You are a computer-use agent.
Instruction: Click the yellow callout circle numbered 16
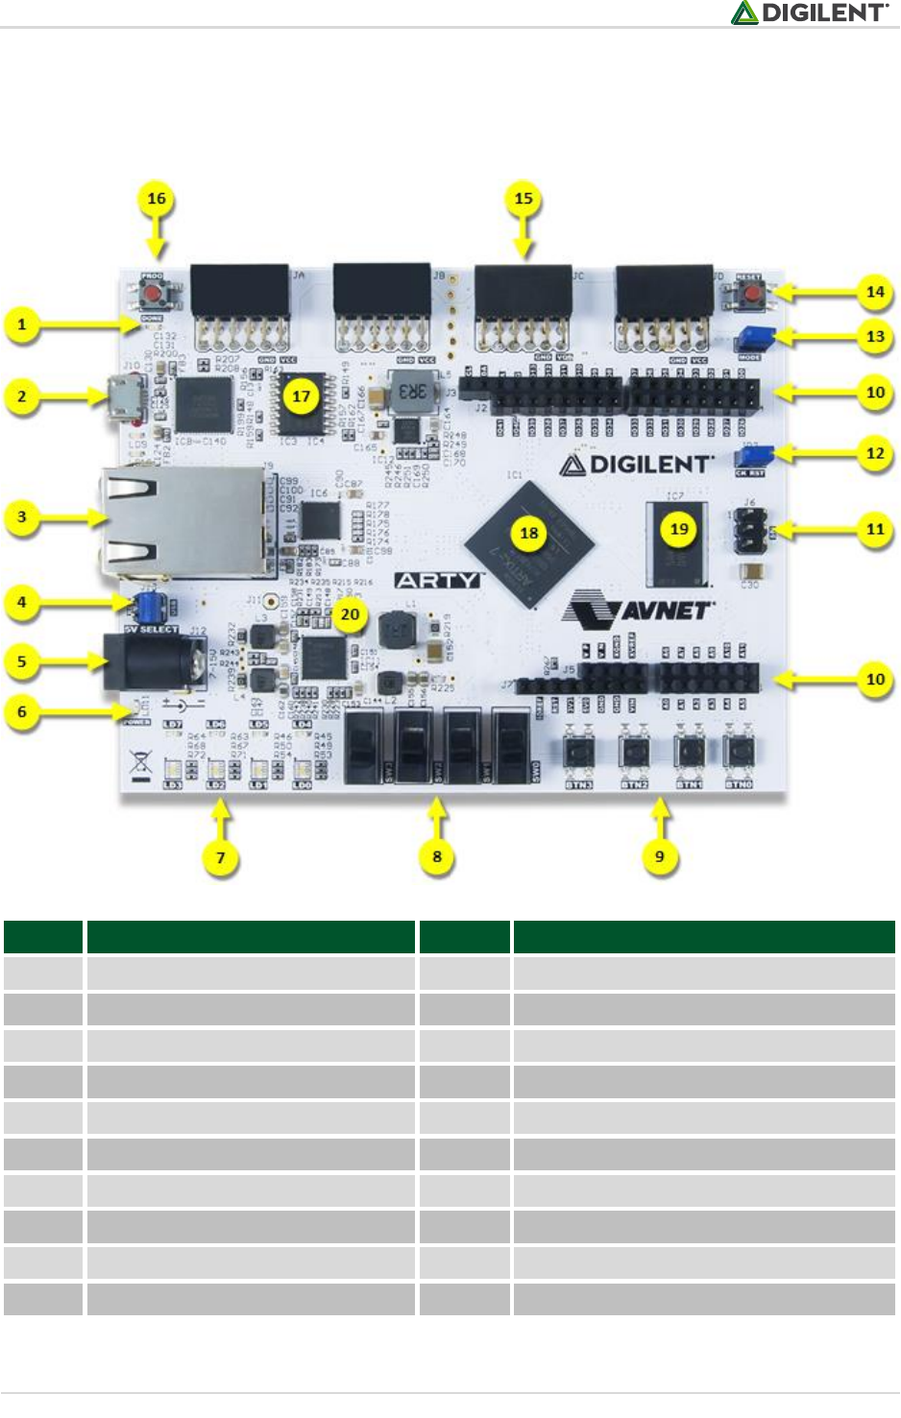(157, 199)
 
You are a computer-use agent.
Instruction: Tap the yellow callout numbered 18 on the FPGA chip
(528, 533)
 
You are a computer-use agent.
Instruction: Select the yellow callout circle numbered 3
(22, 517)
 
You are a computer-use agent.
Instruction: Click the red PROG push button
(152, 291)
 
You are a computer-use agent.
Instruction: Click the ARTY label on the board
(437, 580)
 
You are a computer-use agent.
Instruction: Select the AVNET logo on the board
(639, 609)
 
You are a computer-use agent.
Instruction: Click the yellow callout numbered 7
(221, 857)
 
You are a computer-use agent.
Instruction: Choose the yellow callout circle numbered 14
(875, 292)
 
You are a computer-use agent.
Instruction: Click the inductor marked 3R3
(411, 391)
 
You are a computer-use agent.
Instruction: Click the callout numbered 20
(350, 614)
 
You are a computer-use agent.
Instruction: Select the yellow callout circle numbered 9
(659, 856)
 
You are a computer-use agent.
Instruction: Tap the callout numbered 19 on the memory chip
(679, 528)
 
